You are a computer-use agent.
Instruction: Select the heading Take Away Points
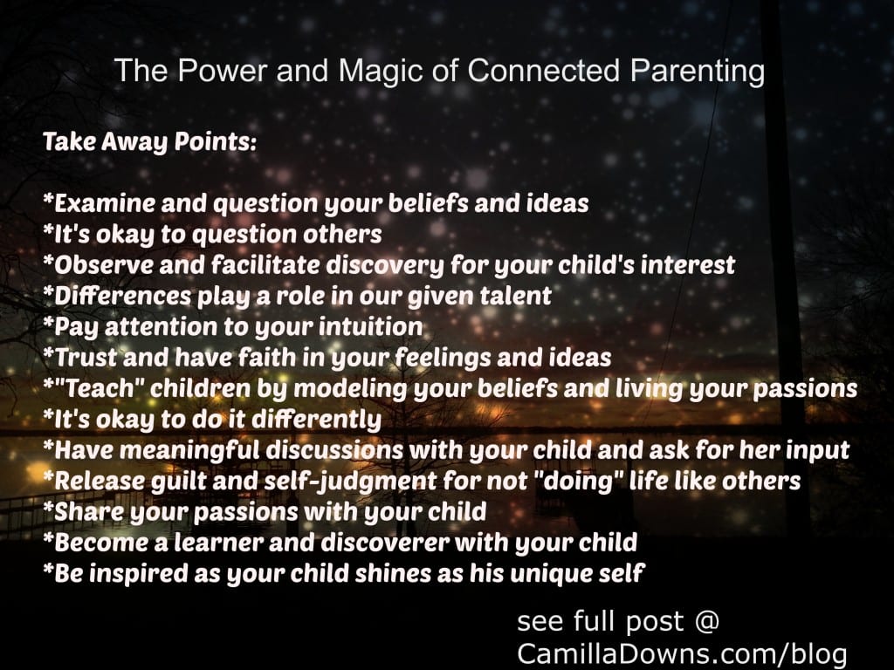point(149,143)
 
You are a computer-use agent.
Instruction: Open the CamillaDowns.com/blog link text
point(681,653)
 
